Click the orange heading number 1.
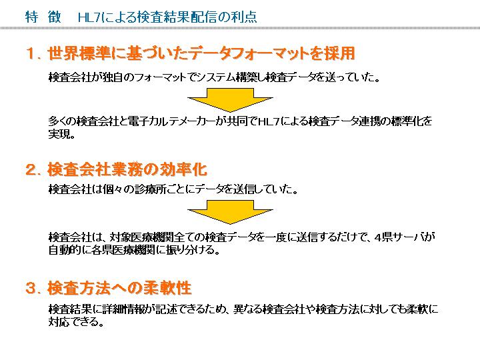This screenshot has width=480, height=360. tap(30, 53)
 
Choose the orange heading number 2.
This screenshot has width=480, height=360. tap(30, 170)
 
